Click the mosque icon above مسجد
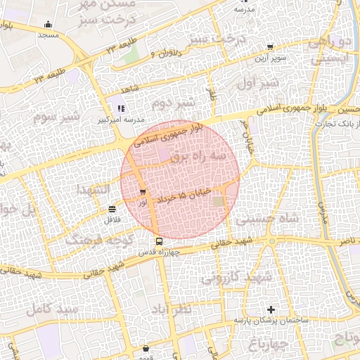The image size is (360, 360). [48, 25]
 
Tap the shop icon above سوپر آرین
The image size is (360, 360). [270, 47]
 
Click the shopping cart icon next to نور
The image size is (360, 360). [143, 192]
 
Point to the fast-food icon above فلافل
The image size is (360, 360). [112, 209]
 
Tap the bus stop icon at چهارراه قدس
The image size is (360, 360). [159, 241]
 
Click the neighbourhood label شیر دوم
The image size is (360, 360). [176, 104]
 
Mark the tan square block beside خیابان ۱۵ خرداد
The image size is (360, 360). [219, 202]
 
